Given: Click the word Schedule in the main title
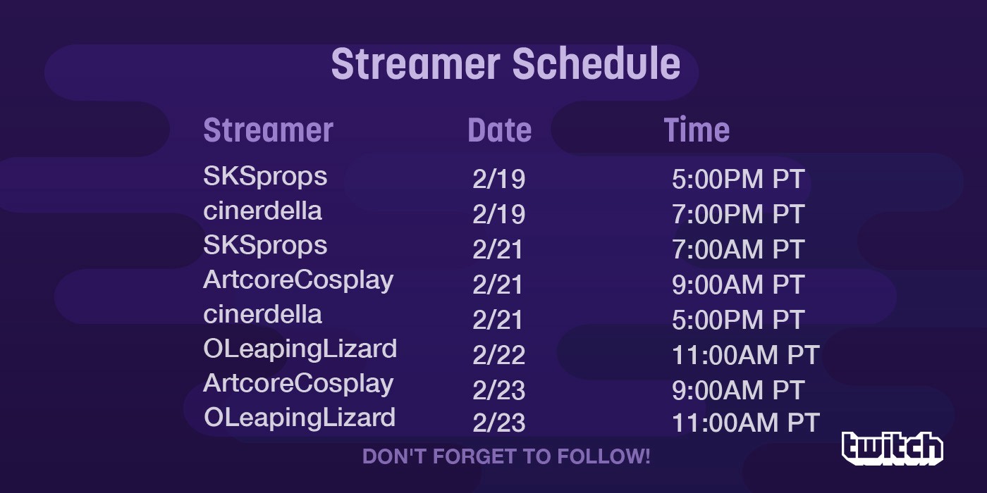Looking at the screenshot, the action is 596,64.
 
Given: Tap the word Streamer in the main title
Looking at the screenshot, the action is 415,64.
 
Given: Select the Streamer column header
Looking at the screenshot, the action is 268,130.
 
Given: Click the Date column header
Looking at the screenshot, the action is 500,130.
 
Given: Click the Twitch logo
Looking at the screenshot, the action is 893,448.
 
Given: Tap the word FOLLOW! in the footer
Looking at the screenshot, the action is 603,456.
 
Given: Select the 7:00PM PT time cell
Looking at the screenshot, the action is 738,214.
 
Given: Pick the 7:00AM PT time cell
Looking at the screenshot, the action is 738,249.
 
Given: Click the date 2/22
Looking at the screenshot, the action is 499,355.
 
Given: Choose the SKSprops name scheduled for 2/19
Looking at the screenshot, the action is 265,177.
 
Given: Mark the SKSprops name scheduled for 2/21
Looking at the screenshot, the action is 265,246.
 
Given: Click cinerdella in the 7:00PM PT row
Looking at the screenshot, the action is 262,211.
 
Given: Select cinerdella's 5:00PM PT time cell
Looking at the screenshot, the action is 738,320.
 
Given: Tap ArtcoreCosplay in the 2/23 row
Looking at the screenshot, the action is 298,384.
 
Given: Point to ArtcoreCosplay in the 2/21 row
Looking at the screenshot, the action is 298,280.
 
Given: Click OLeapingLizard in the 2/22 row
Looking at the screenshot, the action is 300,349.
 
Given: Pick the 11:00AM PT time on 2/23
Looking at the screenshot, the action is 746,423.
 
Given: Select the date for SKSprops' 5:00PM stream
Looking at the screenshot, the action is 499,179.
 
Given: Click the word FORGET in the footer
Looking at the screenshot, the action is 476,456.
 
